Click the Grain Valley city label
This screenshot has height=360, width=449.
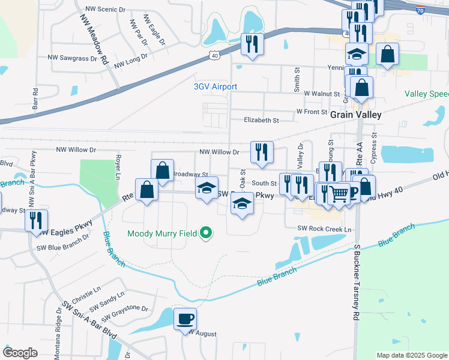point(357,113)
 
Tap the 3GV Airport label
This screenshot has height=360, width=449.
point(215,86)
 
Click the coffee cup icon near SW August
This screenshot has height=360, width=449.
point(185,319)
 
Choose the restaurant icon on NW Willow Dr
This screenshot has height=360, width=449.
point(262,152)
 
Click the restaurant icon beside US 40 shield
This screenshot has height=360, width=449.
point(252,44)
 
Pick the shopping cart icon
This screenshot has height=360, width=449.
point(339,194)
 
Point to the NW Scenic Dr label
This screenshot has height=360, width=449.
point(107,9)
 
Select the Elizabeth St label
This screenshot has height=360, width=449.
point(262,120)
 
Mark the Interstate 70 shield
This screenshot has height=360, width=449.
point(421,10)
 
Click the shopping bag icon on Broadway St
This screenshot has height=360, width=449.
point(162,170)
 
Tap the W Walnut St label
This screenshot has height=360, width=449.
point(322,94)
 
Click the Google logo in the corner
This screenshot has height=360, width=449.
point(20,352)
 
